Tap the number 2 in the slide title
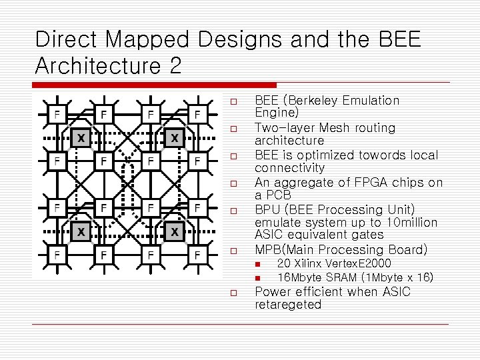coord(173,67)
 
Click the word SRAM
coord(338,277)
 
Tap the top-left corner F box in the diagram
coord(57,114)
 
